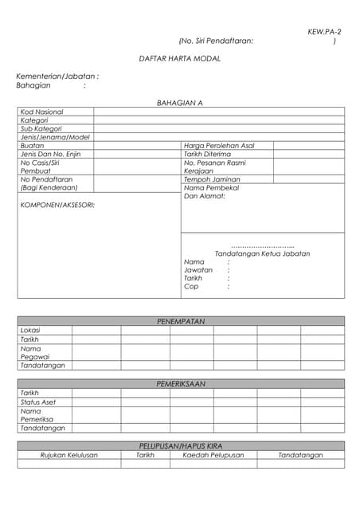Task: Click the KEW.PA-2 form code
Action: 324,31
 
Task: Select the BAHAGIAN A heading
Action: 180,103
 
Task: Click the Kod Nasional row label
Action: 41,112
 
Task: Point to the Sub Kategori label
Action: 41,128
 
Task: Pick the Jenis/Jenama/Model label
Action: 55,137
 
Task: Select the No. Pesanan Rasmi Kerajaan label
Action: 214,167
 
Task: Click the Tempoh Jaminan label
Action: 212,179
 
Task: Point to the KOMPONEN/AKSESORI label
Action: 57,205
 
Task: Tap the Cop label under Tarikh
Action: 191,286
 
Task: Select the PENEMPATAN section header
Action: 181,321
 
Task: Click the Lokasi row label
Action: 30,330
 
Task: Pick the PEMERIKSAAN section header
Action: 181,383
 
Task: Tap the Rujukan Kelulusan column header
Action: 69,455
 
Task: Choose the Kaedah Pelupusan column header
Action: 213,455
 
